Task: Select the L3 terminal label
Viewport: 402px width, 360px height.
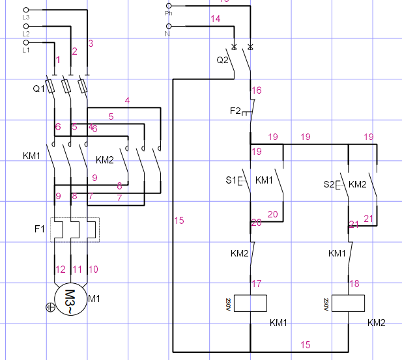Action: pyautogui.click(x=26, y=17)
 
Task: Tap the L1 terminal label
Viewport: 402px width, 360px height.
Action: pyautogui.click(x=26, y=49)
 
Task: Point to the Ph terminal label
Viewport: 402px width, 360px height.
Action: pyautogui.click(x=169, y=12)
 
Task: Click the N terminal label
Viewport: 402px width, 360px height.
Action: pyautogui.click(x=169, y=33)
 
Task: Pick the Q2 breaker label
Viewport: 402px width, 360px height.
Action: pyautogui.click(x=222, y=60)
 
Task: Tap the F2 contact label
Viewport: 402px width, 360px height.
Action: pyautogui.click(x=235, y=111)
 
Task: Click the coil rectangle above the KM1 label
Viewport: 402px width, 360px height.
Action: pyautogui.click(x=250, y=303)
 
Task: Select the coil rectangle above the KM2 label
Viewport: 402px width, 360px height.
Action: pyautogui.click(x=348, y=303)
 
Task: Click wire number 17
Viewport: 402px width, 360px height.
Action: pyautogui.click(x=257, y=283)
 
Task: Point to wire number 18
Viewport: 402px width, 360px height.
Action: pyautogui.click(x=355, y=283)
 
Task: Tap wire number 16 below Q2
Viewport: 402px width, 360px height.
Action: pyautogui.click(x=257, y=90)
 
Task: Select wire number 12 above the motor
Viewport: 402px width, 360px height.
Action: pyautogui.click(x=60, y=270)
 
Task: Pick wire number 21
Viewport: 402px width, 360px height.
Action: pyautogui.click(x=368, y=219)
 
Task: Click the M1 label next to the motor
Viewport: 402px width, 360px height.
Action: pyautogui.click(x=94, y=299)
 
